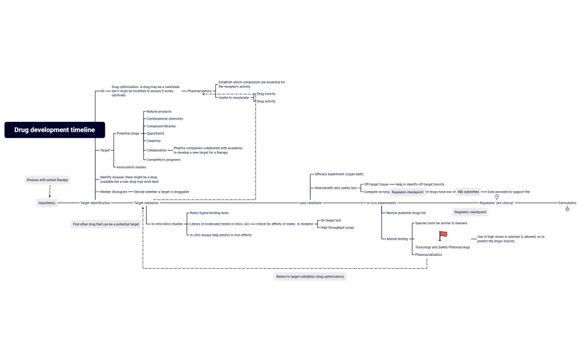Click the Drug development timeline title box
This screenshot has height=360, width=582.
[54, 130]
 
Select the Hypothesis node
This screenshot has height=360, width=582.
[47, 203]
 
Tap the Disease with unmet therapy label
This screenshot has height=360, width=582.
[48, 180]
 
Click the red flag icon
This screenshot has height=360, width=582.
[443, 235]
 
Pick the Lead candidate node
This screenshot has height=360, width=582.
[310, 203]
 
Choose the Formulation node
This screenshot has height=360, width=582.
[567, 203]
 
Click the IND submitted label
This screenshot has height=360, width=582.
[468, 192]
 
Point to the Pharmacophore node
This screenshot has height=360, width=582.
[199, 91]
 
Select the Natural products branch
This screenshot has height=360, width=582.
[159, 112]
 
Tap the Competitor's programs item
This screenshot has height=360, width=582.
[163, 160]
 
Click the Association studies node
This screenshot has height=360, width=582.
[131, 167]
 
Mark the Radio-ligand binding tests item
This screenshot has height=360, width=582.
[209, 213]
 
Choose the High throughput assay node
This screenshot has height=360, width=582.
[337, 228]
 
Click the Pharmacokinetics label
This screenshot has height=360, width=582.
[429, 255]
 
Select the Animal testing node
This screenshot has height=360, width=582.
[397, 239]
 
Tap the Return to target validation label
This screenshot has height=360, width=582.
[310, 276]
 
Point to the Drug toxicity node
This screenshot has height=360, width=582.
[266, 94]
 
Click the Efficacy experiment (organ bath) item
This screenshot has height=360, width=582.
[339, 174]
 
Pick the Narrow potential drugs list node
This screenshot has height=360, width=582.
[406, 213]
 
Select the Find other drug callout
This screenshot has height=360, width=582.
[106, 224]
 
